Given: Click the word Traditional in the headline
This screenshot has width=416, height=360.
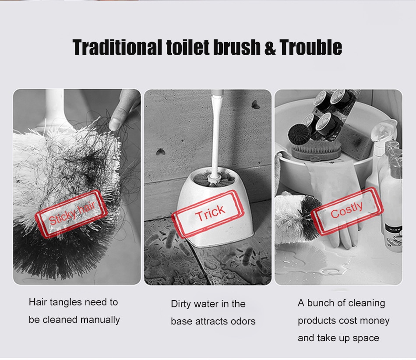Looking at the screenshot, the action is [x=117, y=47].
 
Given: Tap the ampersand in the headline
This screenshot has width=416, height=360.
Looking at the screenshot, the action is [x=270, y=48].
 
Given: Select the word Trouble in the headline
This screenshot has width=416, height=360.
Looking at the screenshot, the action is [x=310, y=47].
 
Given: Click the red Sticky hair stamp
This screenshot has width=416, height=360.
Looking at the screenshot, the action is [x=71, y=214].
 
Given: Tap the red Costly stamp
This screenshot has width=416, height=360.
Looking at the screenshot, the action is [x=347, y=211].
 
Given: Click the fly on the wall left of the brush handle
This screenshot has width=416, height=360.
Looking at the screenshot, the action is [x=161, y=152].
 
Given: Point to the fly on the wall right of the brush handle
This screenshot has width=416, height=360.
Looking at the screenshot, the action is [x=255, y=105].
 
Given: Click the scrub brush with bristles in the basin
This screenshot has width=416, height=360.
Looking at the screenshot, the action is [x=316, y=150].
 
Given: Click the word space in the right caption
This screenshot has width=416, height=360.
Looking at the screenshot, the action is [x=366, y=339].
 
